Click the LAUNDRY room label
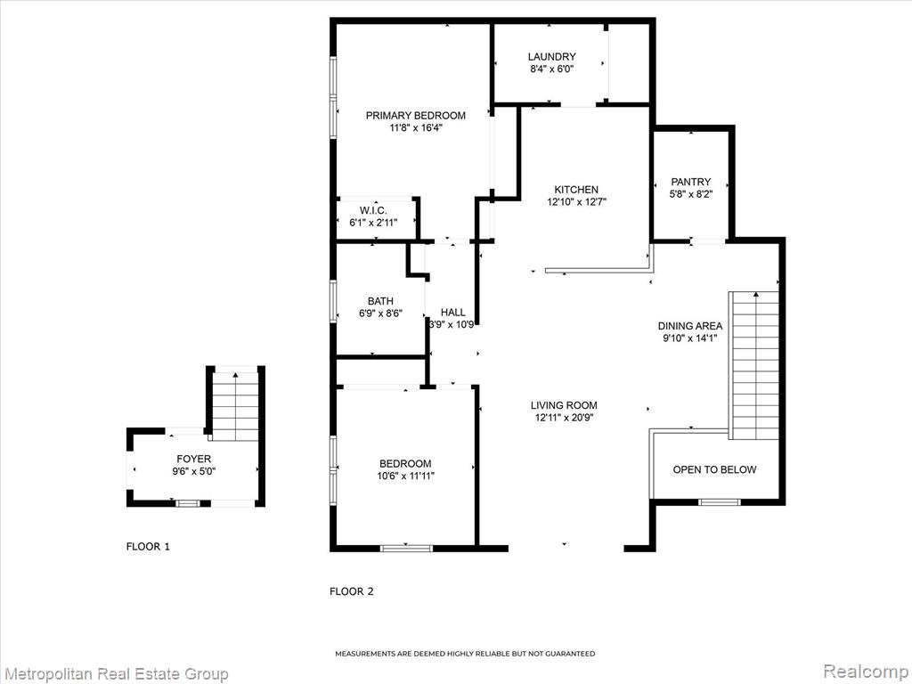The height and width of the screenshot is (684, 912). pyautogui.click(x=551, y=56)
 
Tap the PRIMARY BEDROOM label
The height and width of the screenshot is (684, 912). pyautogui.click(x=415, y=115)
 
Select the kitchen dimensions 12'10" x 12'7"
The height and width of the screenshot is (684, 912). pyautogui.click(x=576, y=202)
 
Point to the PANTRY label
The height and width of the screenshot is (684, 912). pyautogui.click(x=690, y=182)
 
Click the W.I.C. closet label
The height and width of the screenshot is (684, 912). pyautogui.click(x=373, y=210)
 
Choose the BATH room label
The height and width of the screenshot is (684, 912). pyautogui.click(x=380, y=301)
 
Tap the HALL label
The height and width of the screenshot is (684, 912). pyautogui.click(x=452, y=313)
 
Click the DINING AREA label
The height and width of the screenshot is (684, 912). pyautogui.click(x=690, y=326)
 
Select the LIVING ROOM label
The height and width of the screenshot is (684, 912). pyautogui.click(x=564, y=405)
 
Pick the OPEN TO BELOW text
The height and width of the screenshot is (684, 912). pyautogui.click(x=714, y=469)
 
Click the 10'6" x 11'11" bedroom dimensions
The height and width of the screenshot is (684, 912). pyautogui.click(x=405, y=476)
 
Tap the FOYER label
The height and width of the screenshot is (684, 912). pyautogui.click(x=193, y=459)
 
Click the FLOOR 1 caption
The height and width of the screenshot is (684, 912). pyautogui.click(x=148, y=547)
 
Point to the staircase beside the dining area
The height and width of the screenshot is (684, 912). pyautogui.click(x=753, y=365)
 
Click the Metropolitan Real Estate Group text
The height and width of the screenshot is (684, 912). pyautogui.click(x=115, y=674)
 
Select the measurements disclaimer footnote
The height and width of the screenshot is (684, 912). pyautogui.click(x=465, y=654)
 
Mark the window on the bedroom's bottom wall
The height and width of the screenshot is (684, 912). pyautogui.click(x=406, y=548)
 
